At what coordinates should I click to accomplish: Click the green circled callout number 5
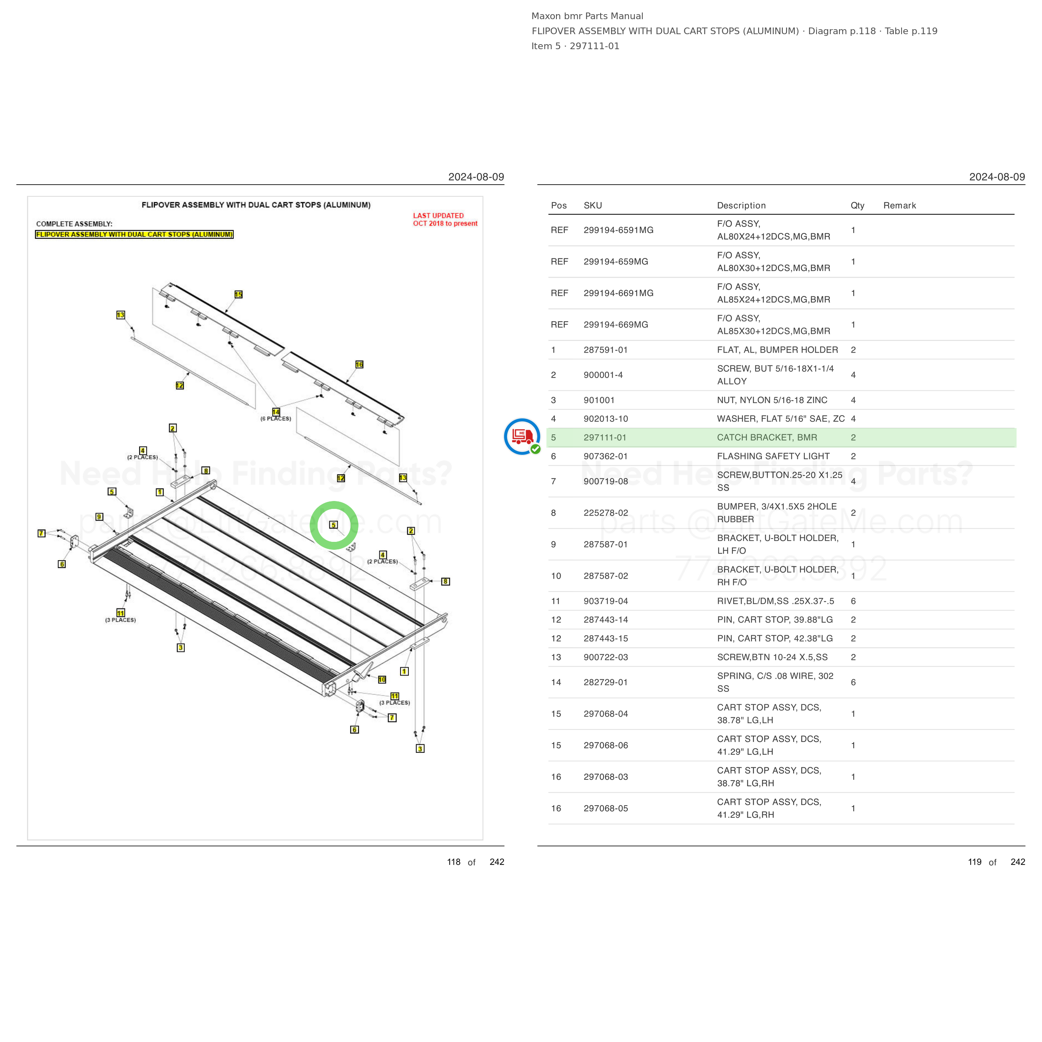pos(333,525)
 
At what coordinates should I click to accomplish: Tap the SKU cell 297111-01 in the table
pos(606,437)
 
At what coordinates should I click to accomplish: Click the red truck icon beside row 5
pos(522,436)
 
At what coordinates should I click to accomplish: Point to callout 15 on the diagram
pos(238,295)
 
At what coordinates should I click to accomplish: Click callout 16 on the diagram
pos(359,365)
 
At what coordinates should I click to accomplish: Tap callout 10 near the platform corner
pos(382,679)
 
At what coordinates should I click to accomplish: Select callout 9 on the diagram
pos(99,517)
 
